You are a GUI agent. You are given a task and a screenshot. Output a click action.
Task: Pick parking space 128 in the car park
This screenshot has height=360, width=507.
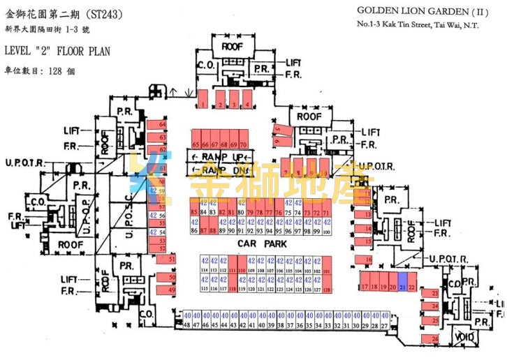coord(326,289)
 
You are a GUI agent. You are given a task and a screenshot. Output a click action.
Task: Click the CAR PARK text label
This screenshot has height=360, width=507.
coord(258,243)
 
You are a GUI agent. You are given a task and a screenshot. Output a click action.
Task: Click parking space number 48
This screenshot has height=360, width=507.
coord(187,324)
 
